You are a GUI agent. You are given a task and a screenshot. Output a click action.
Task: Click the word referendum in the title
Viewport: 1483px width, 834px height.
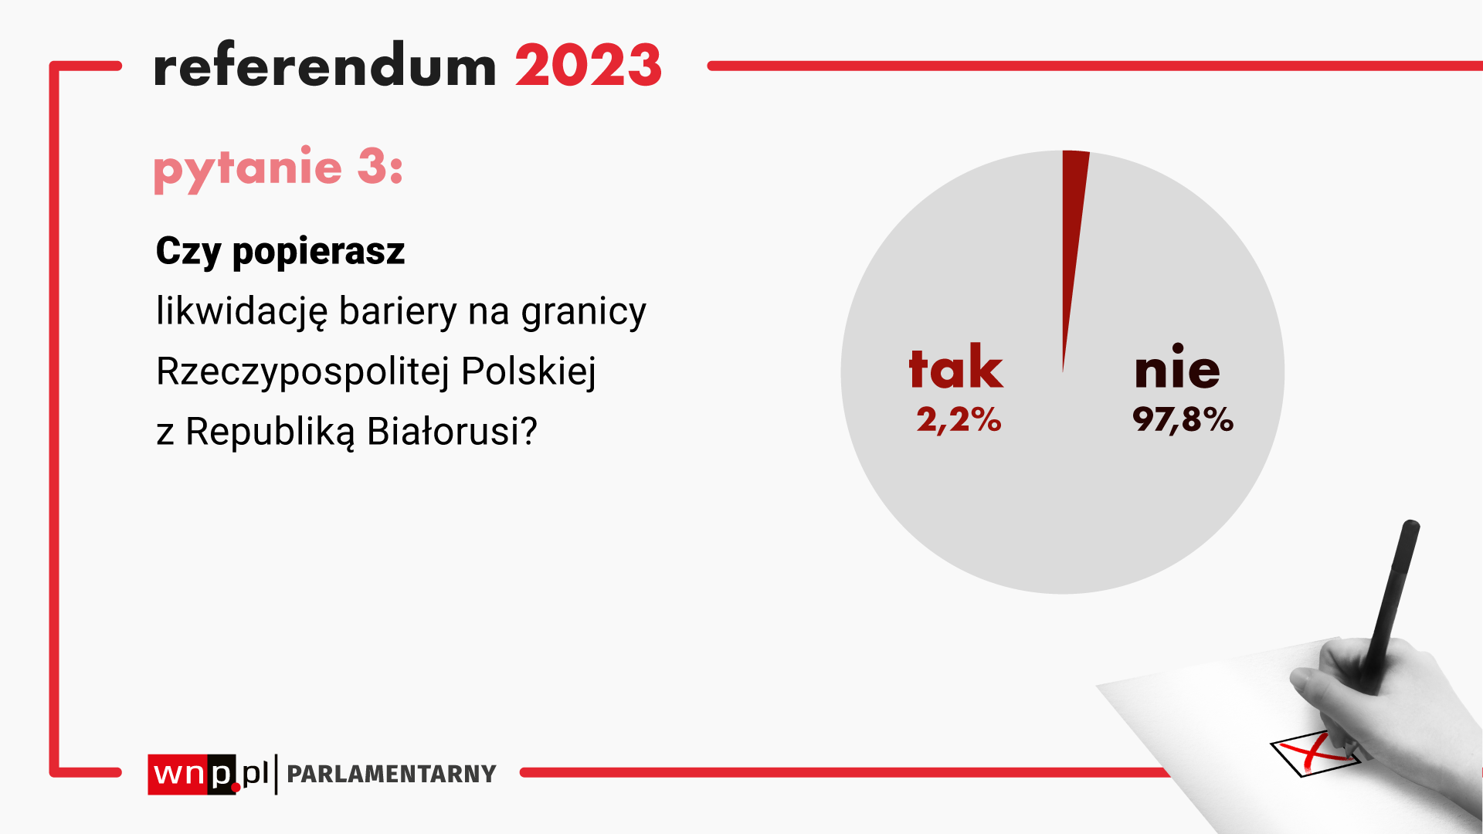[x=325, y=65]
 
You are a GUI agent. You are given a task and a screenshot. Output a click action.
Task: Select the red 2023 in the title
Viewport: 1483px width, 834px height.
[x=589, y=65]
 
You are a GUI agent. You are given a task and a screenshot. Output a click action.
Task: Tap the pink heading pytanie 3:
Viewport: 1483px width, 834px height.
[x=278, y=168]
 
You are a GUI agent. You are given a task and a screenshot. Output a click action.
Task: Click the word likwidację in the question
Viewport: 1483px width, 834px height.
[x=242, y=312]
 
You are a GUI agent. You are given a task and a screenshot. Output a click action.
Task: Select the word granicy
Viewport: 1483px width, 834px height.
[x=584, y=313]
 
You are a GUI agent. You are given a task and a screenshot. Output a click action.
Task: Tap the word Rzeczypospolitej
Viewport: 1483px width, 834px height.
[x=303, y=372]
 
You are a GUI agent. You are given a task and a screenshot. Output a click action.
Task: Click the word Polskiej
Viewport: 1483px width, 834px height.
[x=529, y=372]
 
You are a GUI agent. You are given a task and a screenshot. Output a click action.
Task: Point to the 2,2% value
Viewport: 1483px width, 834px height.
[x=959, y=420]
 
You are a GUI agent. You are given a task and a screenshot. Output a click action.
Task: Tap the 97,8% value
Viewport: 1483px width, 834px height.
[x=1183, y=420]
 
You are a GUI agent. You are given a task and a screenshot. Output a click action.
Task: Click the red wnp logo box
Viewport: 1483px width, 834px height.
[x=192, y=775]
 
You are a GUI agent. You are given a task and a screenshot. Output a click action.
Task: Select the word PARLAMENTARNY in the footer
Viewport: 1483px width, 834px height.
[x=392, y=774]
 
